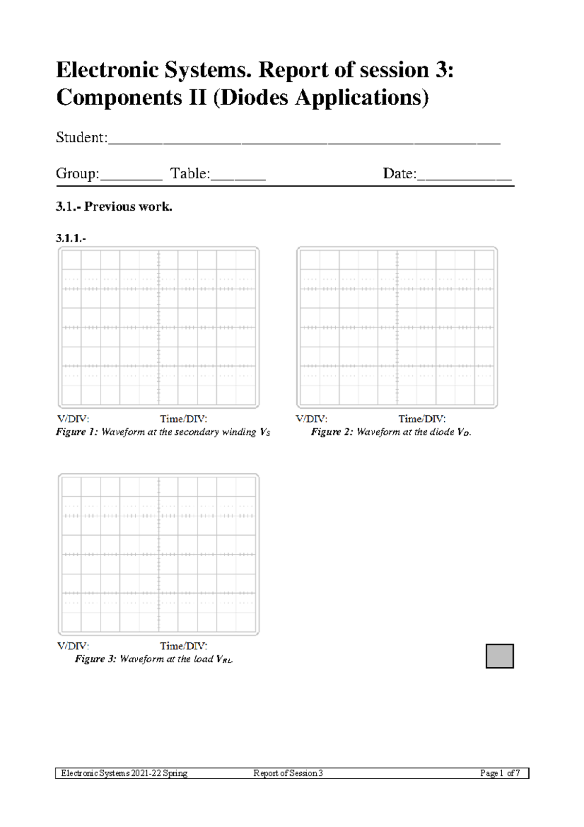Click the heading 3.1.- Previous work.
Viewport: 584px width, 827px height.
[x=114, y=207]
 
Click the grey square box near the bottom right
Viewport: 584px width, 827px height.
[x=499, y=656]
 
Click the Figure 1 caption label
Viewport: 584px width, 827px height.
[x=77, y=432]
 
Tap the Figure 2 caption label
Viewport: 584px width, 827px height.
[x=332, y=432]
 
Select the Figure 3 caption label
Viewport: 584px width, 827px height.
[x=96, y=659]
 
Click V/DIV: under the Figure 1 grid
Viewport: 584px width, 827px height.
[x=73, y=419]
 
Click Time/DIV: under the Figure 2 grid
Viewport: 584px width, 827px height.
[x=422, y=419]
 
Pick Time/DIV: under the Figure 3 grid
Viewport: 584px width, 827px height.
[x=183, y=646]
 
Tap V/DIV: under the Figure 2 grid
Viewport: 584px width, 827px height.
[x=311, y=419]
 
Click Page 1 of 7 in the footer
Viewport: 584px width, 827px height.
[x=500, y=773]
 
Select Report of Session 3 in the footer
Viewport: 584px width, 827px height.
[x=288, y=773]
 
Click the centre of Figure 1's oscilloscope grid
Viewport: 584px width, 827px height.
[x=159, y=327]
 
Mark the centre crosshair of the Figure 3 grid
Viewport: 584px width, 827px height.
[x=159, y=554]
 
